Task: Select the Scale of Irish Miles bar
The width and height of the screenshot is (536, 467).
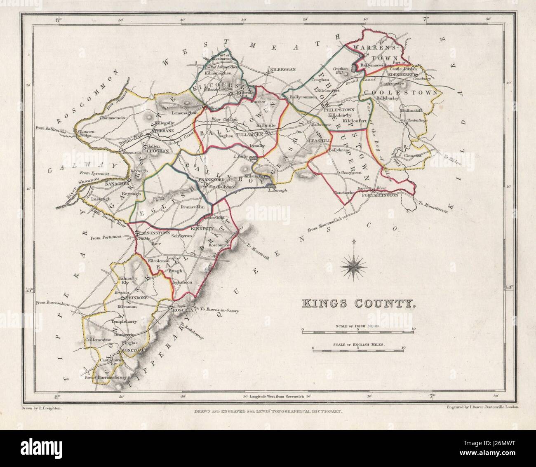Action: (x=358, y=329)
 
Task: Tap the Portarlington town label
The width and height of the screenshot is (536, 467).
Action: (x=380, y=195)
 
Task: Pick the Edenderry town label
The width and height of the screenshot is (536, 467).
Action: (x=401, y=75)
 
